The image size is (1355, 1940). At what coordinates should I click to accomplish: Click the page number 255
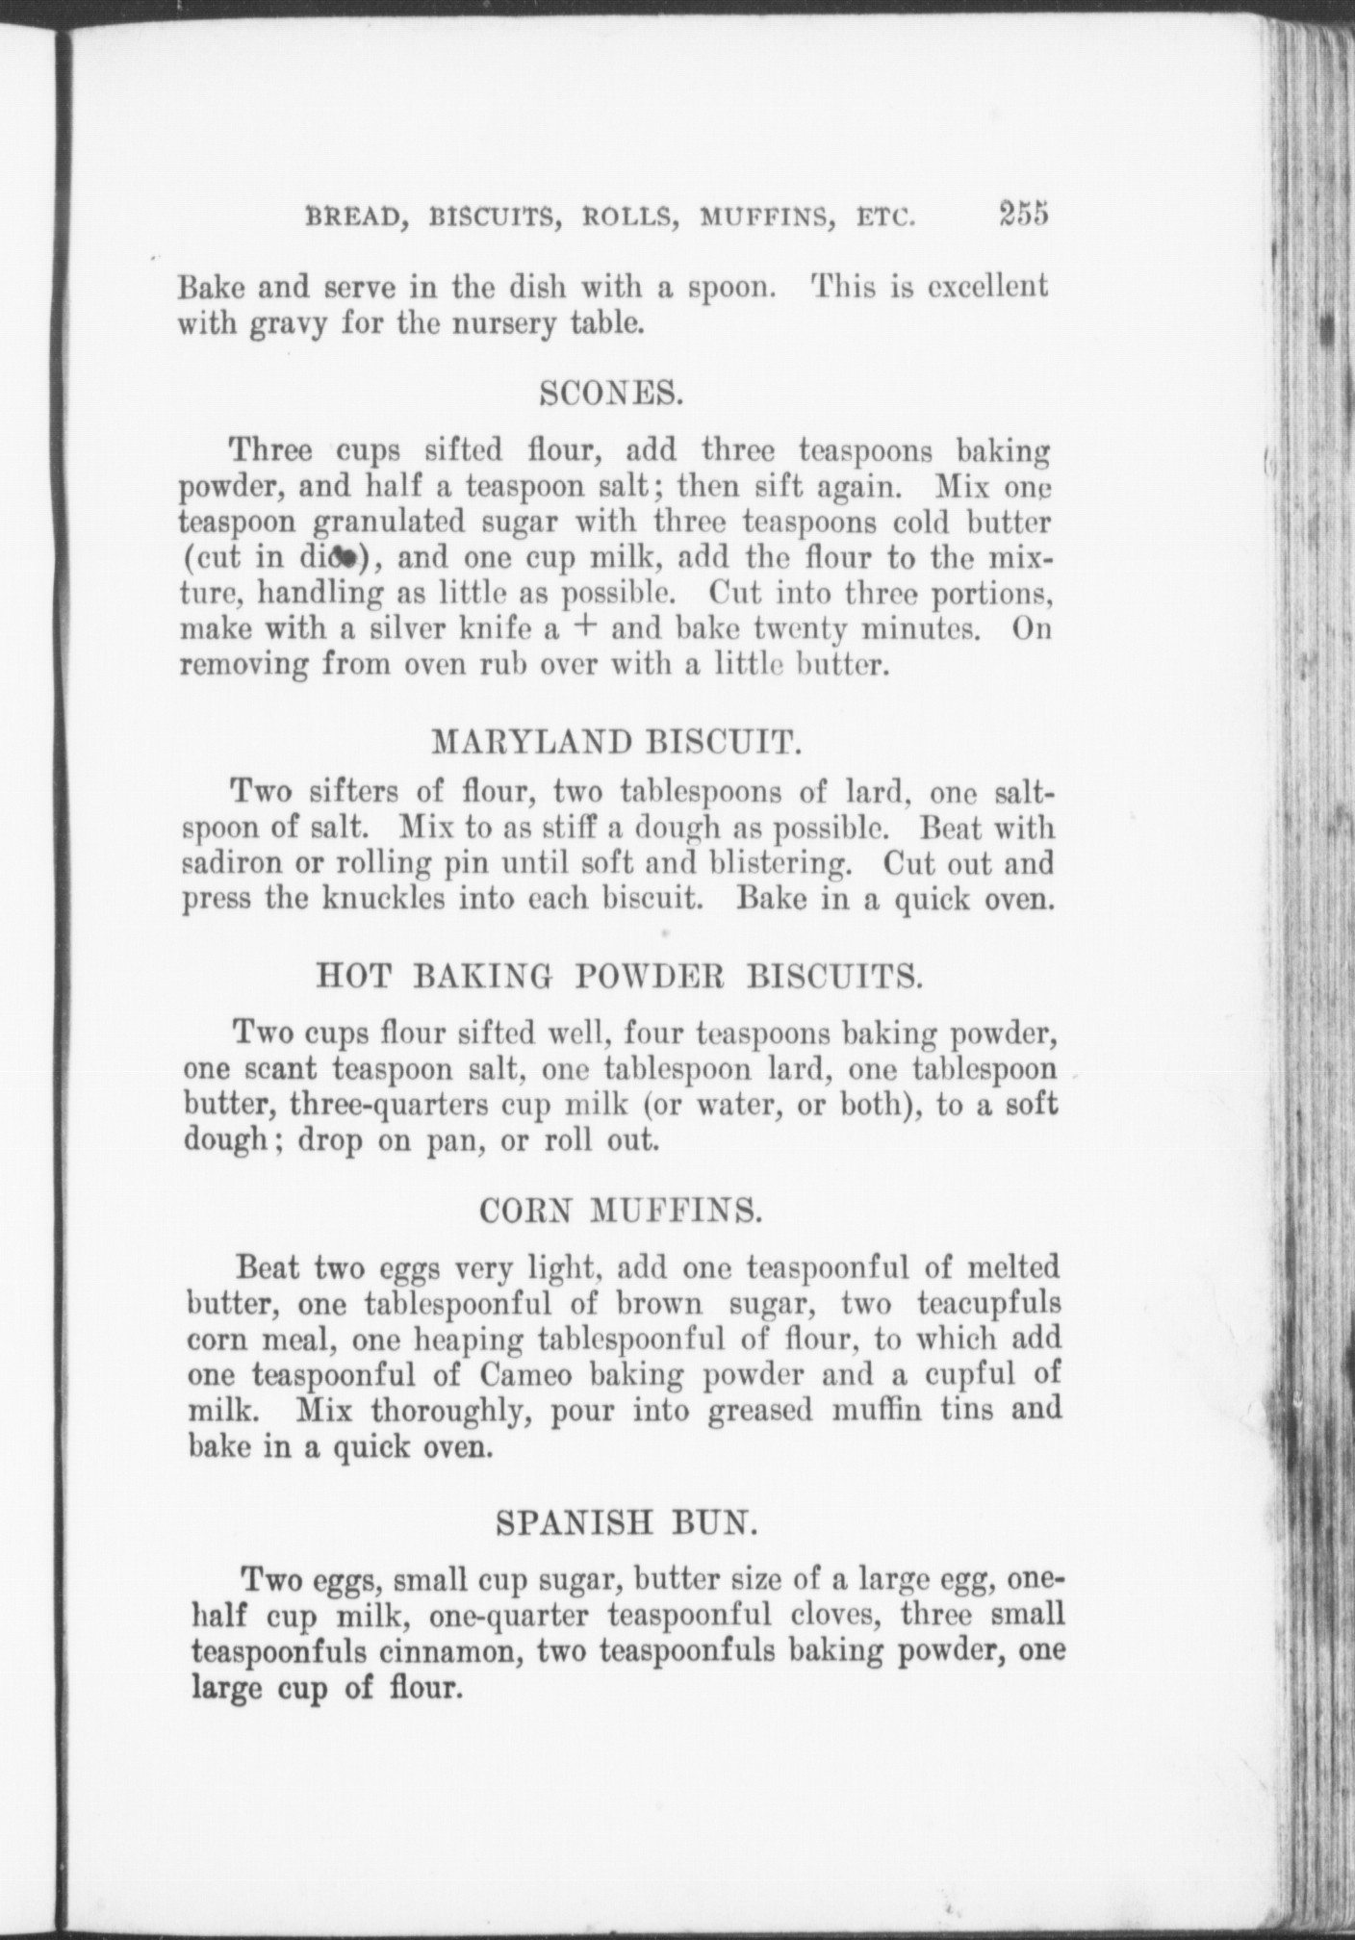click(x=1022, y=214)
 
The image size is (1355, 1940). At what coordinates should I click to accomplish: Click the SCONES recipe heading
click(x=611, y=393)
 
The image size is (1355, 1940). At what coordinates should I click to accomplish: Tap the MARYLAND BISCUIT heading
click(x=616, y=743)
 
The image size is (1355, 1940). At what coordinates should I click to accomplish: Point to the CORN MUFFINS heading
click(x=621, y=1212)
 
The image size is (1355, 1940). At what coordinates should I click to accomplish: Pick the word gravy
click(x=274, y=324)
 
